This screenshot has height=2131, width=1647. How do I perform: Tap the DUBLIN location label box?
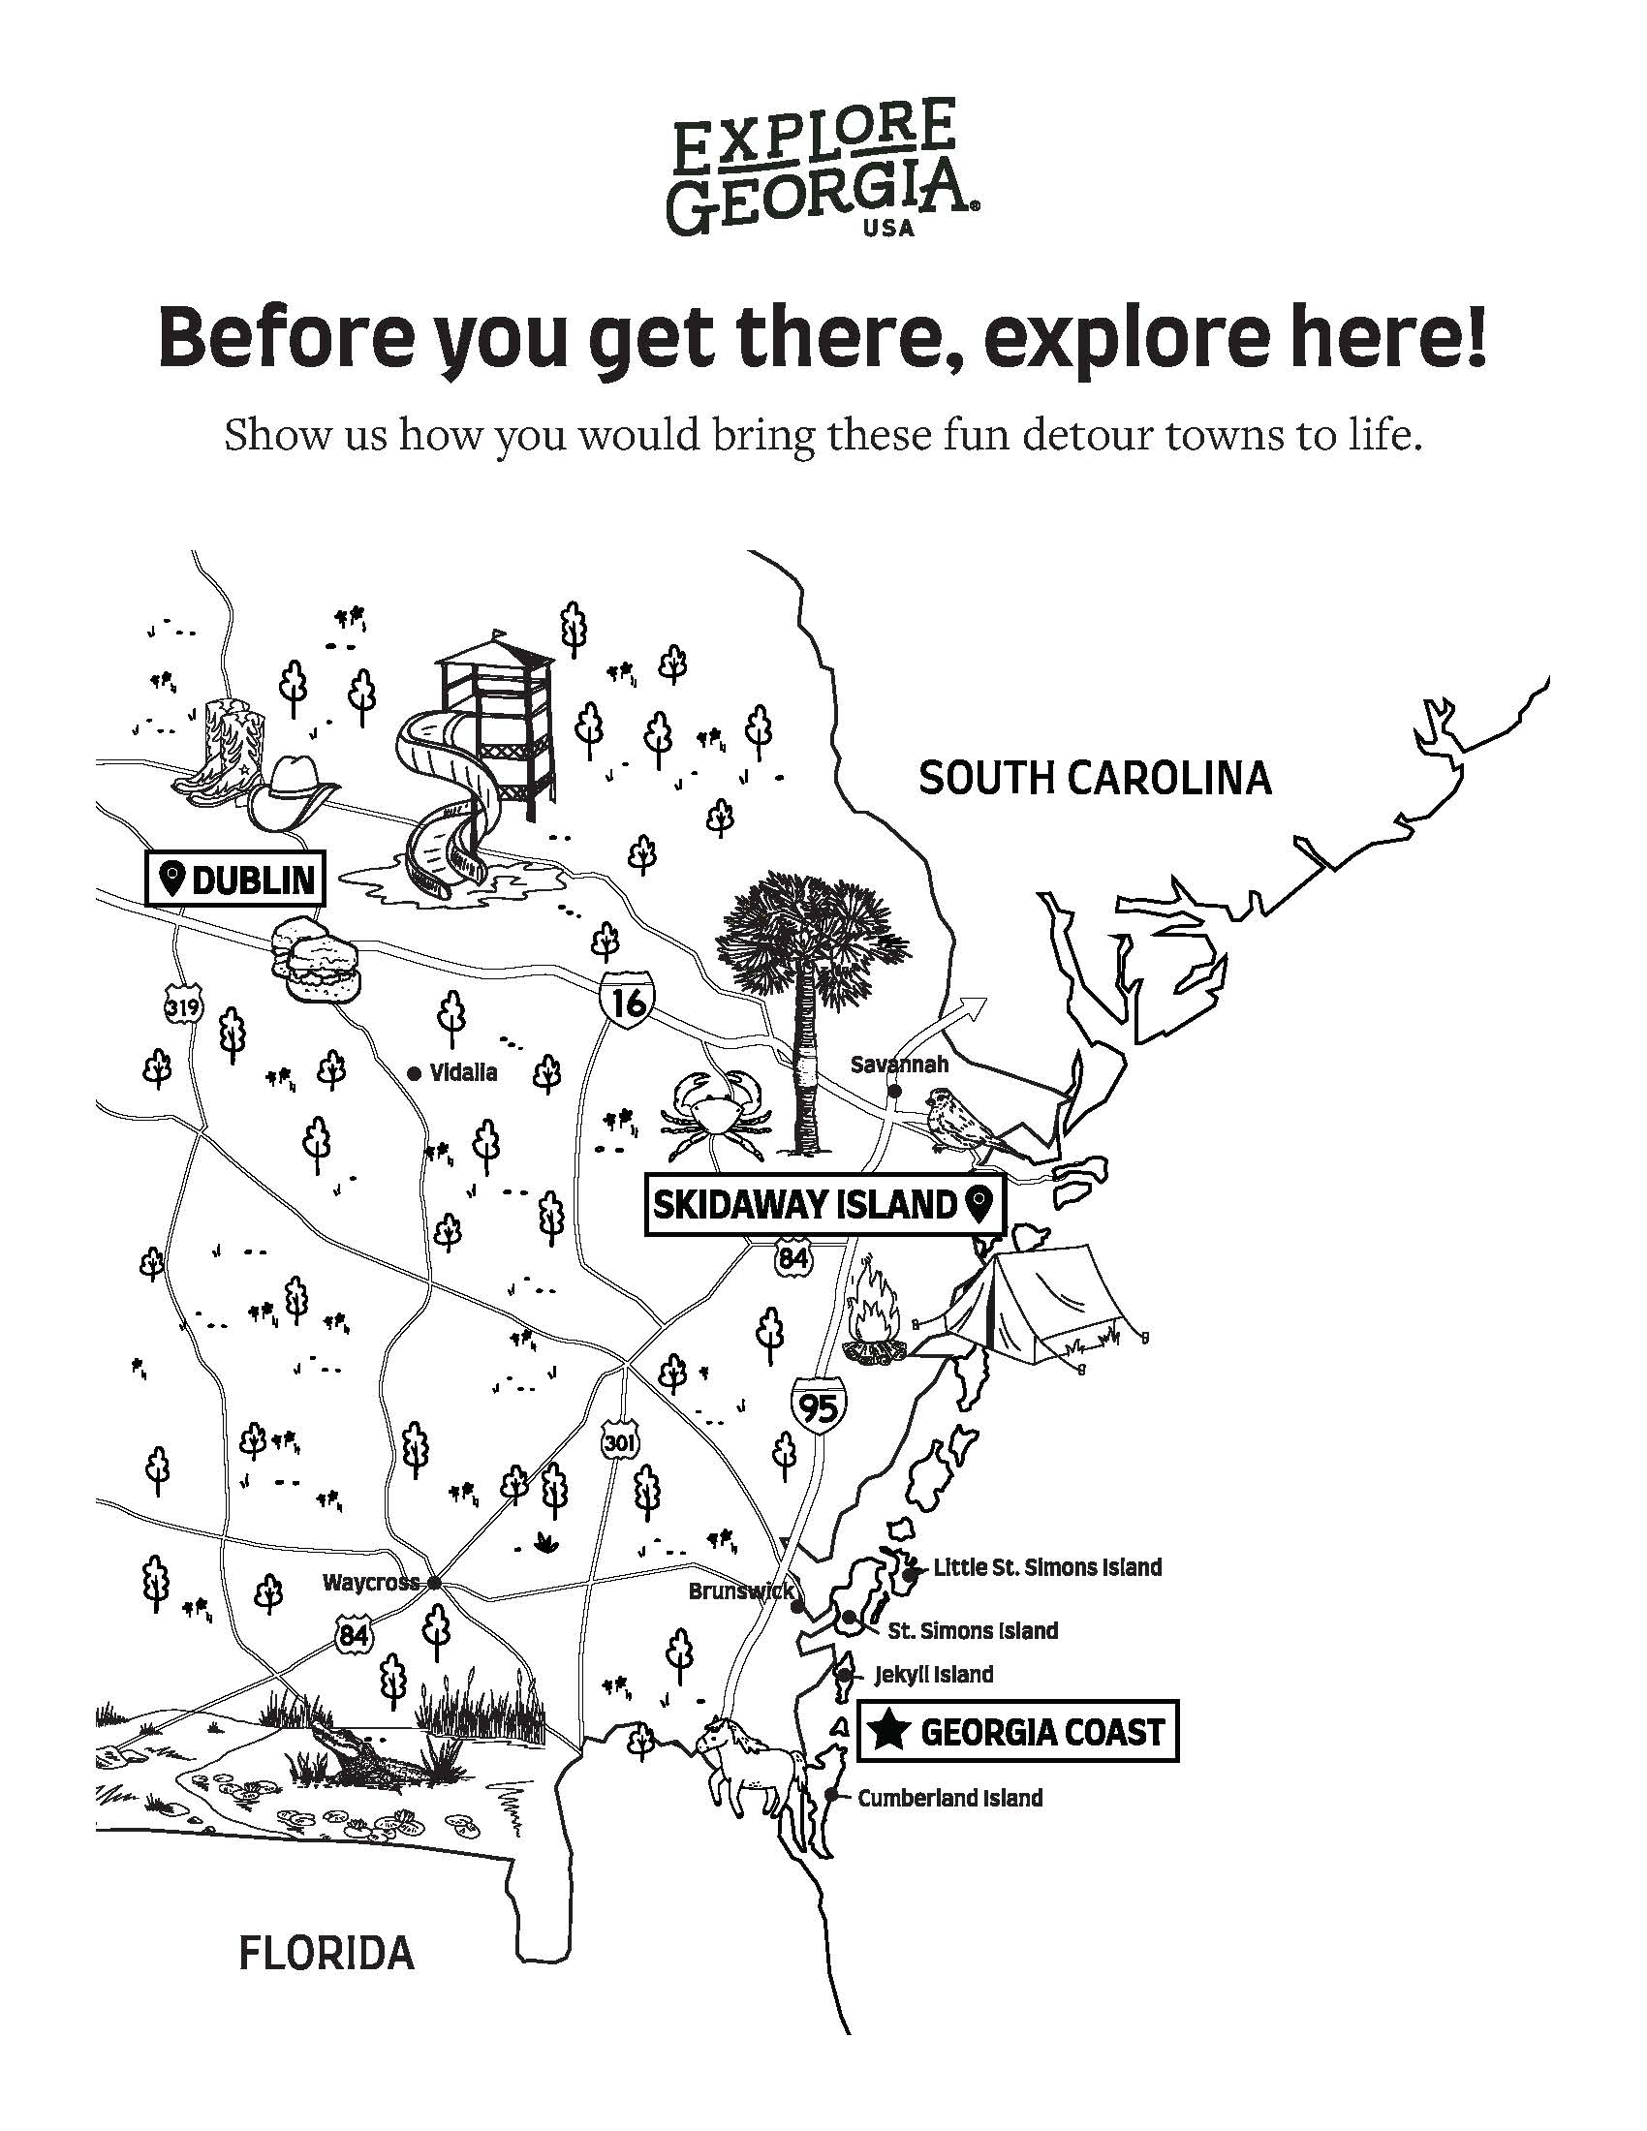point(235,879)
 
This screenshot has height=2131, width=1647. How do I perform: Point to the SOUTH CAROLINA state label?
point(1095,779)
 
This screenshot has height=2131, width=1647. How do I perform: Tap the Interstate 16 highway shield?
point(628,1001)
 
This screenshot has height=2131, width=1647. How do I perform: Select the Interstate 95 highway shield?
point(819,1406)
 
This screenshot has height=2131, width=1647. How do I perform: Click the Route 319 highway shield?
point(182,1005)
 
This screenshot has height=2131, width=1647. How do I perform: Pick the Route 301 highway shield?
point(620,1442)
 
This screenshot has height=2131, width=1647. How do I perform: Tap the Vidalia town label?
point(463,1072)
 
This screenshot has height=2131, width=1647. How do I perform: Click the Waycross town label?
point(371,1583)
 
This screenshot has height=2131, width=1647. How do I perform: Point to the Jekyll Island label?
point(933,1675)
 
